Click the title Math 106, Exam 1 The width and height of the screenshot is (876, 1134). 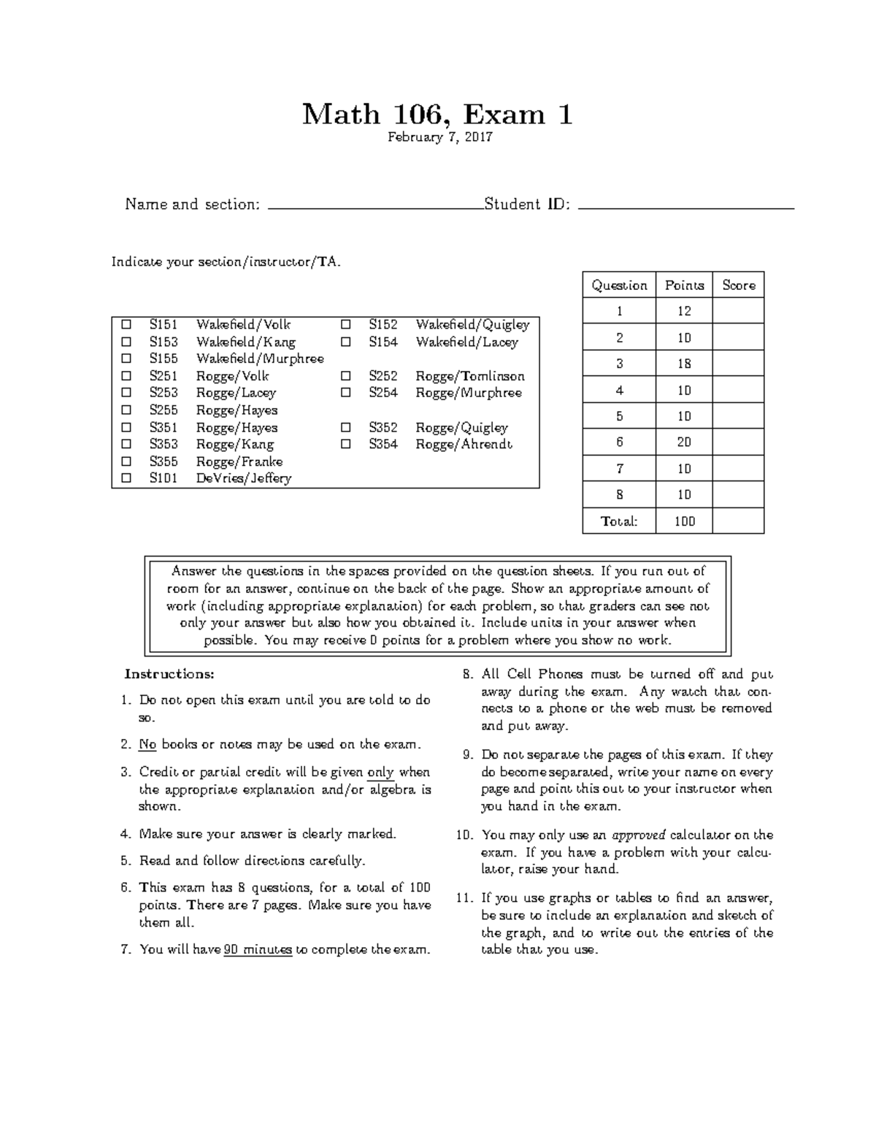[437, 115]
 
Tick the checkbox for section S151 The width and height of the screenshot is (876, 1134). [127, 324]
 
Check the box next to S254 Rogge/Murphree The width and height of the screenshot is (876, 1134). [346, 393]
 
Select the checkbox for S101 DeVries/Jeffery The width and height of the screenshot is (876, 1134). [127, 478]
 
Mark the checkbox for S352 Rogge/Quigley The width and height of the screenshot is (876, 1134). [346, 427]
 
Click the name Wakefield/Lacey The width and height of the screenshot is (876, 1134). [466, 342]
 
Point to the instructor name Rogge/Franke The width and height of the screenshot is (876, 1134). [239, 461]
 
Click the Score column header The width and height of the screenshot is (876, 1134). [738, 286]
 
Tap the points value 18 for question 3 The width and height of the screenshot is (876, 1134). [684, 364]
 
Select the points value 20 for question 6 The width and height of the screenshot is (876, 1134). [684, 443]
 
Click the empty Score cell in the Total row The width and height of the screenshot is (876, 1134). [738, 521]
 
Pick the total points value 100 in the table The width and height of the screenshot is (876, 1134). [684, 521]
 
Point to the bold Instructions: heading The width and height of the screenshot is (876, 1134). [169, 673]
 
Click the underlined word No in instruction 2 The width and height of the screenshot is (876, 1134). [147, 745]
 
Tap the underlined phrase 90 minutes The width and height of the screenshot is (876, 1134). [258, 950]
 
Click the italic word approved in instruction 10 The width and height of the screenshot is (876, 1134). [639, 835]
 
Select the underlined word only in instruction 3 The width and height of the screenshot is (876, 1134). [380, 773]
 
